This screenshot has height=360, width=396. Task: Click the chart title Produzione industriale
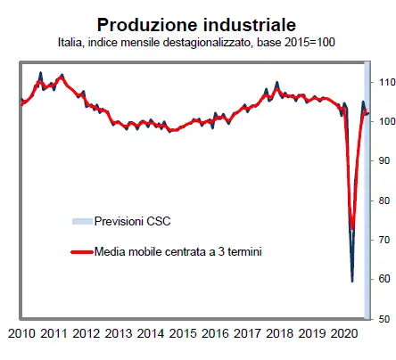(198, 24)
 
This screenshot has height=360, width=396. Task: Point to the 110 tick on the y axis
(384, 82)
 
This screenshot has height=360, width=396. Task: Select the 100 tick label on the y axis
(384, 122)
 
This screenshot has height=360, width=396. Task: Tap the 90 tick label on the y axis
(384, 161)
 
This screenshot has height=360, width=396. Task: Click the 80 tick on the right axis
(384, 200)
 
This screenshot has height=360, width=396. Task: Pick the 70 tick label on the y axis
(384, 240)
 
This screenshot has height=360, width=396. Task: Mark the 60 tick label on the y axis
(384, 279)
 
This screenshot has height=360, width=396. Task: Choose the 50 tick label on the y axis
(384, 318)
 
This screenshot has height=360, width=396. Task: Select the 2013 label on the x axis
(119, 335)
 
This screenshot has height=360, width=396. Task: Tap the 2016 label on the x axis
(215, 335)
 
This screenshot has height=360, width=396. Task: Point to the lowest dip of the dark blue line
(351, 281)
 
